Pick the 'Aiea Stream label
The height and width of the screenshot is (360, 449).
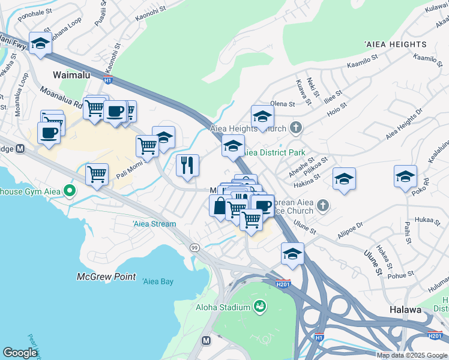coord(154,224)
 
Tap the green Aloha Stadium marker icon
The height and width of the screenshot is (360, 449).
coord(260,307)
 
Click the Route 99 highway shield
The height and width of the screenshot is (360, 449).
coord(194,247)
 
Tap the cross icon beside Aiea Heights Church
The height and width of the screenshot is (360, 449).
coord(295,127)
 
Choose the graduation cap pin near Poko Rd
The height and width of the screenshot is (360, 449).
coord(405,176)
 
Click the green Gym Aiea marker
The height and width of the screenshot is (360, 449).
coord(70,191)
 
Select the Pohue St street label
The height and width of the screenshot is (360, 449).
coord(402,275)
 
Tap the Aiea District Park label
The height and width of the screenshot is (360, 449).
coord(272,152)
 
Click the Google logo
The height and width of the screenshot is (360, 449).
coord(20,353)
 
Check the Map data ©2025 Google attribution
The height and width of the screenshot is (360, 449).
coord(412,355)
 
